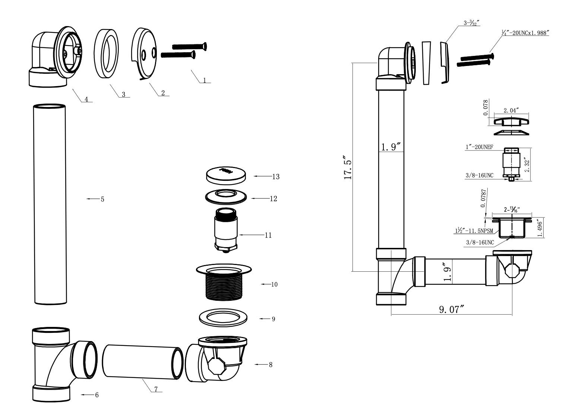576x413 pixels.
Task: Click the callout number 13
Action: [276, 177]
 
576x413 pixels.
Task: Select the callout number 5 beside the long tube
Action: [102, 199]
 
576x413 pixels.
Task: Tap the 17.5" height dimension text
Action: [348, 168]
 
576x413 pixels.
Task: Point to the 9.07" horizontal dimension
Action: [452, 309]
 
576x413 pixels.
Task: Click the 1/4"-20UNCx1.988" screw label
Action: [525, 33]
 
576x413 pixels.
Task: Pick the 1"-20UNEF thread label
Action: [479, 147]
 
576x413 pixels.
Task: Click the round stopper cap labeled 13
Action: [227, 175]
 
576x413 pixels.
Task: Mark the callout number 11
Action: [268, 235]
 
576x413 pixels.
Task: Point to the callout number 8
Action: [270, 365]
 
